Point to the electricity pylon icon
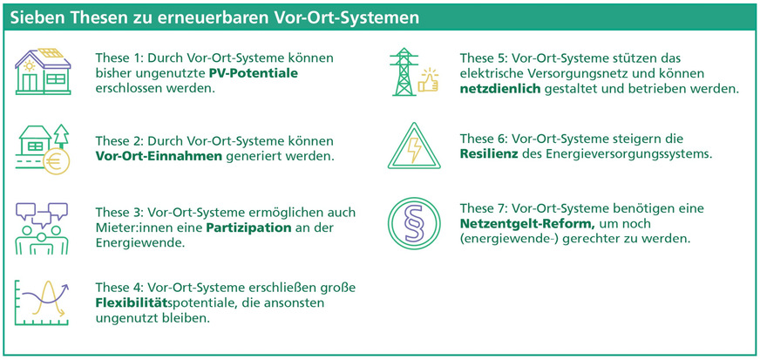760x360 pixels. pyautogui.click(x=403, y=72)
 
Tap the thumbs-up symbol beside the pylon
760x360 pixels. pyautogui.click(x=431, y=81)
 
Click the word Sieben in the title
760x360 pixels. pyautogui.click(x=37, y=17)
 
